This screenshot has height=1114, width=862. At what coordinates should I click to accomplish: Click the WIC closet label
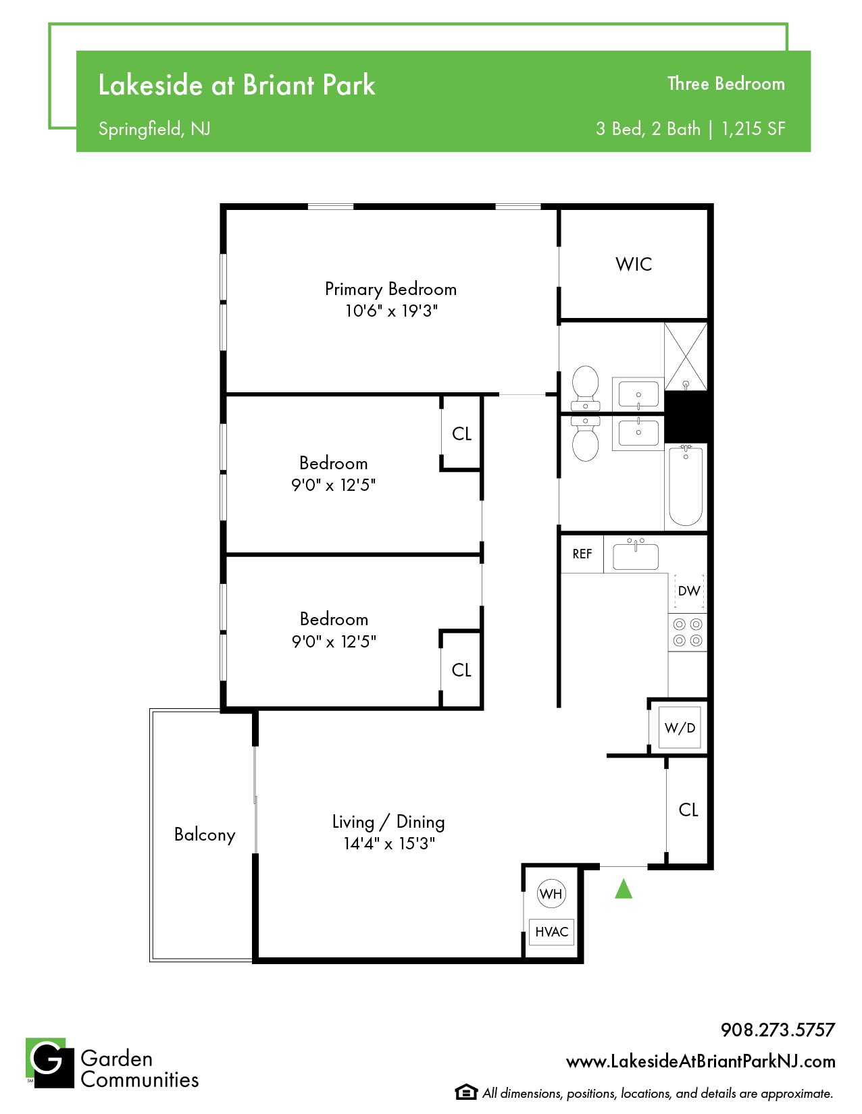point(633,264)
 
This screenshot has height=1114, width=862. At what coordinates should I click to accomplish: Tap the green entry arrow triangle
point(623,888)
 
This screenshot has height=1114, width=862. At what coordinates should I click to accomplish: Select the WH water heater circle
point(551,893)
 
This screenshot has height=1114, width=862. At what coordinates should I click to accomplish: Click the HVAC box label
point(551,932)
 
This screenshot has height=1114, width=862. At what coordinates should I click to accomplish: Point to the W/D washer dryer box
point(680,727)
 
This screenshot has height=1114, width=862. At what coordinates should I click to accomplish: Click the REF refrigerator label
point(582,554)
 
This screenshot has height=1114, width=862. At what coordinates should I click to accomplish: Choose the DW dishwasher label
point(688,591)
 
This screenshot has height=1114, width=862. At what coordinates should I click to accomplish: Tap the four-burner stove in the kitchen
point(687,632)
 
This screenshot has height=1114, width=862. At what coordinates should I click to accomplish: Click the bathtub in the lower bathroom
point(685,485)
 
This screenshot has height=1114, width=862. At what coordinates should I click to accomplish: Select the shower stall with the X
point(685,356)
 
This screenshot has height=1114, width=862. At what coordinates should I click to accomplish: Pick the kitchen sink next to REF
point(635,554)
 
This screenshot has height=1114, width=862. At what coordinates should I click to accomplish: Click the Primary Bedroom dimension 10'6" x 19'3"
point(390,311)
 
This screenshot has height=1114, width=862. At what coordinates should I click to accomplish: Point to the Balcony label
point(205,834)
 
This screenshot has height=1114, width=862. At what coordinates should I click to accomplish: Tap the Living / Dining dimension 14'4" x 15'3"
point(389,843)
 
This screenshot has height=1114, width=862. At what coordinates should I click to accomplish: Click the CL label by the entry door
point(688,810)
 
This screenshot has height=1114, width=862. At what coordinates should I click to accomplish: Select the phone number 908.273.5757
point(778,1030)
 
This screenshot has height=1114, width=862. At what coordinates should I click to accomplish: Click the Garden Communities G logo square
point(50,1062)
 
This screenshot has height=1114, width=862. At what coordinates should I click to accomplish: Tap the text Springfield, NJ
point(154,129)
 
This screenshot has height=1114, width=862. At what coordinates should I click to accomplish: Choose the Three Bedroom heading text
point(726,84)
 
